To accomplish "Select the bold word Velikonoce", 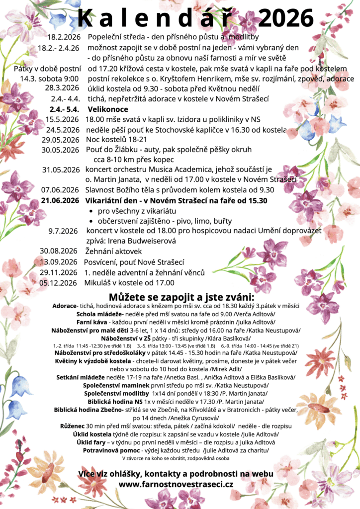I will (108, 109).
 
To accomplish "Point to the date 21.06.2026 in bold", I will (60, 200).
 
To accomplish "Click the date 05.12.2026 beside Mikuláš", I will (59, 283).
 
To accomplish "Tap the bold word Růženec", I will (73, 426).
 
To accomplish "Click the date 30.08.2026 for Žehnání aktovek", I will (59, 251).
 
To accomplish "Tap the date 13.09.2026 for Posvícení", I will (59, 262).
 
